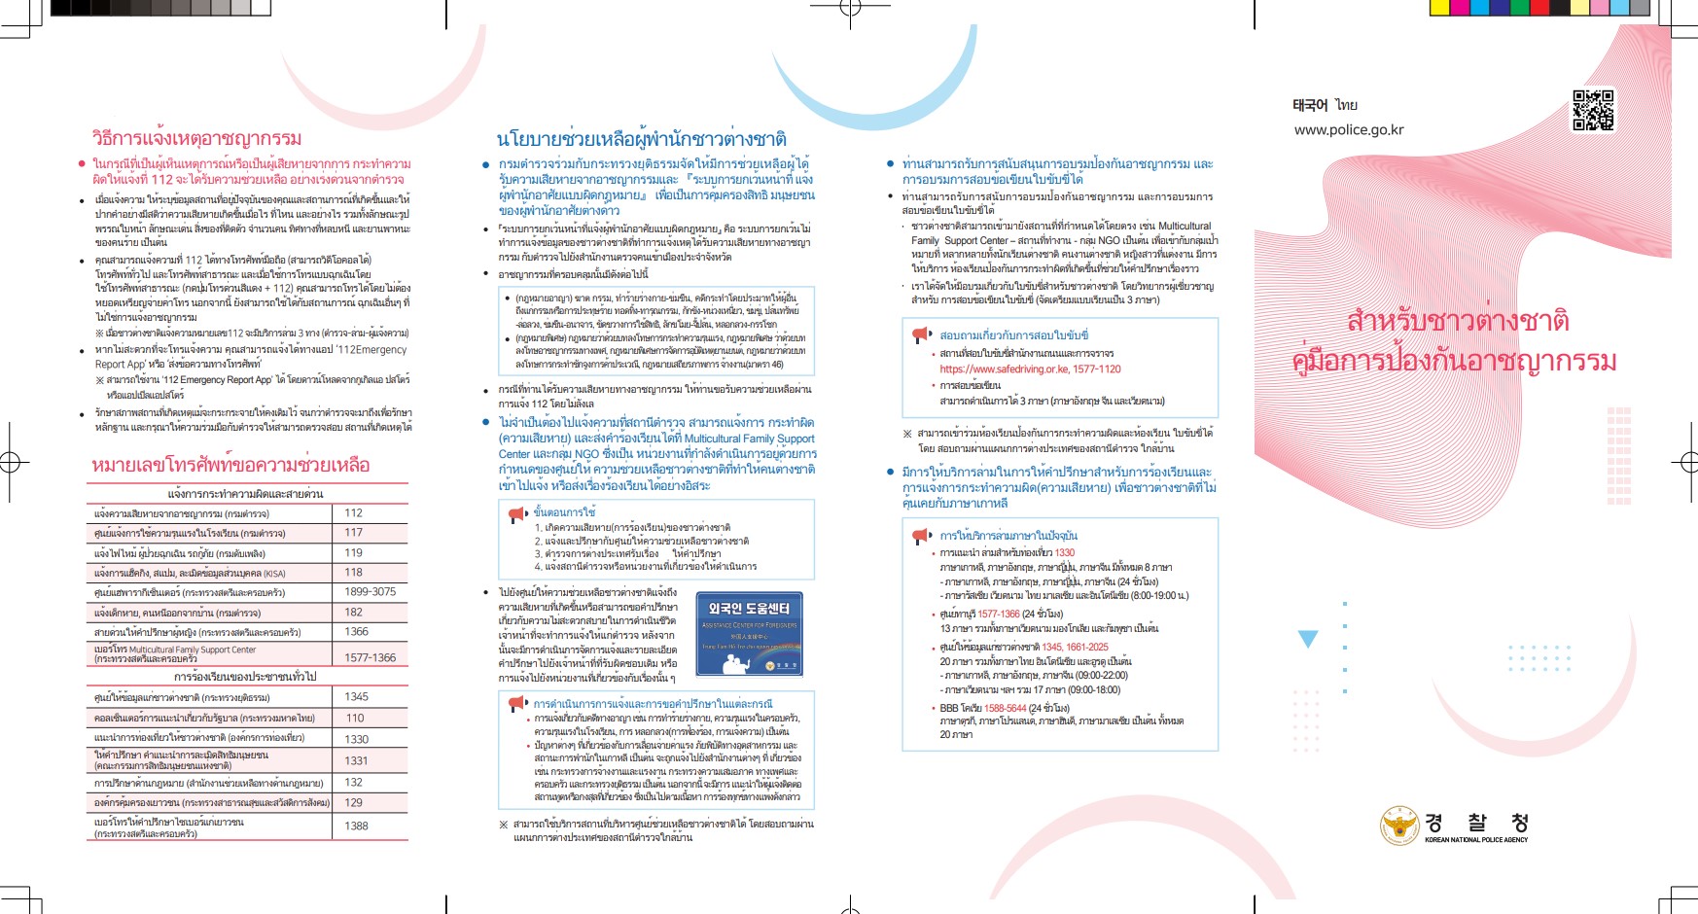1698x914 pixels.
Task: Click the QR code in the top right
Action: tap(1593, 110)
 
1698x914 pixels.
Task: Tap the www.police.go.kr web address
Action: tap(1348, 130)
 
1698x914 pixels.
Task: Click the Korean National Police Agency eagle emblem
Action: tap(1400, 826)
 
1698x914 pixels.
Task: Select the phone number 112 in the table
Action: tap(353, 512)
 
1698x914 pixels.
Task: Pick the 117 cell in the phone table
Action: tap(353, 533)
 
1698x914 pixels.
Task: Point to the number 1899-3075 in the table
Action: tap(370, 591)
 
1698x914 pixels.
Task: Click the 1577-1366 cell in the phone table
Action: tap(370, 657)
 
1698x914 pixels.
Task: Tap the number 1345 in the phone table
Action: tap(356, 697)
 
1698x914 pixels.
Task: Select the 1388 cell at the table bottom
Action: tap(356, 826)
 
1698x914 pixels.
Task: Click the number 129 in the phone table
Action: tap(353, 802)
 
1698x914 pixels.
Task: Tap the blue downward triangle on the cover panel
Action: tap(1308, 639)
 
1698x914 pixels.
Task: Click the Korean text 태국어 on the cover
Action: tap(1310, 105)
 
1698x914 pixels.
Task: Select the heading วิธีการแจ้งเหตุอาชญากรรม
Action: tap(196, 138)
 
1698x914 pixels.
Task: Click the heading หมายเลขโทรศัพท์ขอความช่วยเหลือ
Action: tap(230, 465)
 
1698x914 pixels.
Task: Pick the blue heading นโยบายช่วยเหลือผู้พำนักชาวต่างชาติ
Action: tap(641, 139)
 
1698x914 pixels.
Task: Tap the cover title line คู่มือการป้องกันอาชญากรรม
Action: tap(1454, 361)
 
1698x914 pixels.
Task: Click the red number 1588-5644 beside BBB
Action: tap(1005, 708)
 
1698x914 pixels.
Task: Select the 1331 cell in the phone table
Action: tap(356, 760)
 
